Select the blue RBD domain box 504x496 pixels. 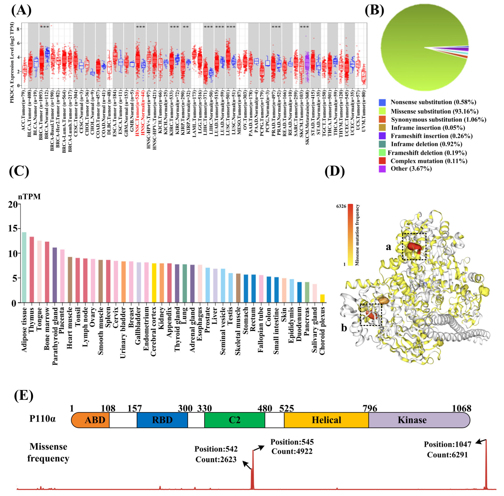162,420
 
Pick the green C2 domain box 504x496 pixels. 234,420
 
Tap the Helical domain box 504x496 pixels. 326,420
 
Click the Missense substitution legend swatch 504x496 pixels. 382,111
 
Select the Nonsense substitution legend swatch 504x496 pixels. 382,102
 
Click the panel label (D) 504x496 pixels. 335,172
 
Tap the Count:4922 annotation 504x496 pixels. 292,451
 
